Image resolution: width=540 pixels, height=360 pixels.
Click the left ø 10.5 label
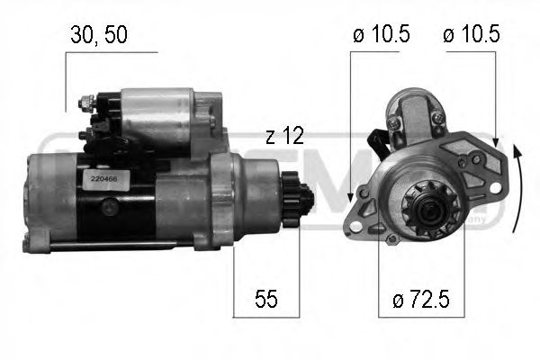pos(382,35)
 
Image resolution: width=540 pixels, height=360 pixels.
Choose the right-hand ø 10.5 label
pos(471,35)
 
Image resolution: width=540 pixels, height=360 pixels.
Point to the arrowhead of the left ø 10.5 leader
pos(349,203)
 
